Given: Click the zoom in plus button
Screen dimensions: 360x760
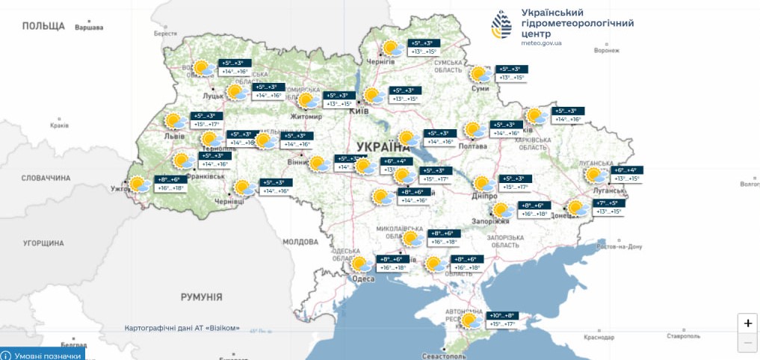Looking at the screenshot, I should coord(747,323).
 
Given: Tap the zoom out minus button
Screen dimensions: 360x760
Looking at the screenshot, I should coord(747,344).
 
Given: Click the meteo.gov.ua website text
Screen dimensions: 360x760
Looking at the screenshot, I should coord(541,43).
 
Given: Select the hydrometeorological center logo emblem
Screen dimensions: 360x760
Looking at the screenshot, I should coord(501,25).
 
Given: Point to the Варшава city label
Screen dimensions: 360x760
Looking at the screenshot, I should coord(90,28).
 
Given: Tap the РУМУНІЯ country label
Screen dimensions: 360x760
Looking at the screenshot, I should coord(201,297).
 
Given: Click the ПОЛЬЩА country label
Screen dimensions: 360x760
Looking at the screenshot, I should coord(43,25).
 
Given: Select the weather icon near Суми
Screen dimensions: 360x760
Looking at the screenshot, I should coord(480,75).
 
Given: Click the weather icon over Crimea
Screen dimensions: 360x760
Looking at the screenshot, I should coord(470,321).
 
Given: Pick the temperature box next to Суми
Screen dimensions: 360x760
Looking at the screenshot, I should coord(512,73).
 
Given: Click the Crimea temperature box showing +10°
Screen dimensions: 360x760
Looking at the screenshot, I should coord(502,320).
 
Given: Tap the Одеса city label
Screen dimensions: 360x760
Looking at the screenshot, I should coord(362,279).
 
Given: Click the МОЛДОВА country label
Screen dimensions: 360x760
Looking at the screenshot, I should coord(300,242).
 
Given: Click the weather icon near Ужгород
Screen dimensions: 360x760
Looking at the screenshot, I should coord(138,184).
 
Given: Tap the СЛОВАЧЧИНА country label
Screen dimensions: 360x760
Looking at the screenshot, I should coord(46,178).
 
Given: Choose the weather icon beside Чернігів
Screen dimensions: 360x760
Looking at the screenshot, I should coord(390,49).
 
